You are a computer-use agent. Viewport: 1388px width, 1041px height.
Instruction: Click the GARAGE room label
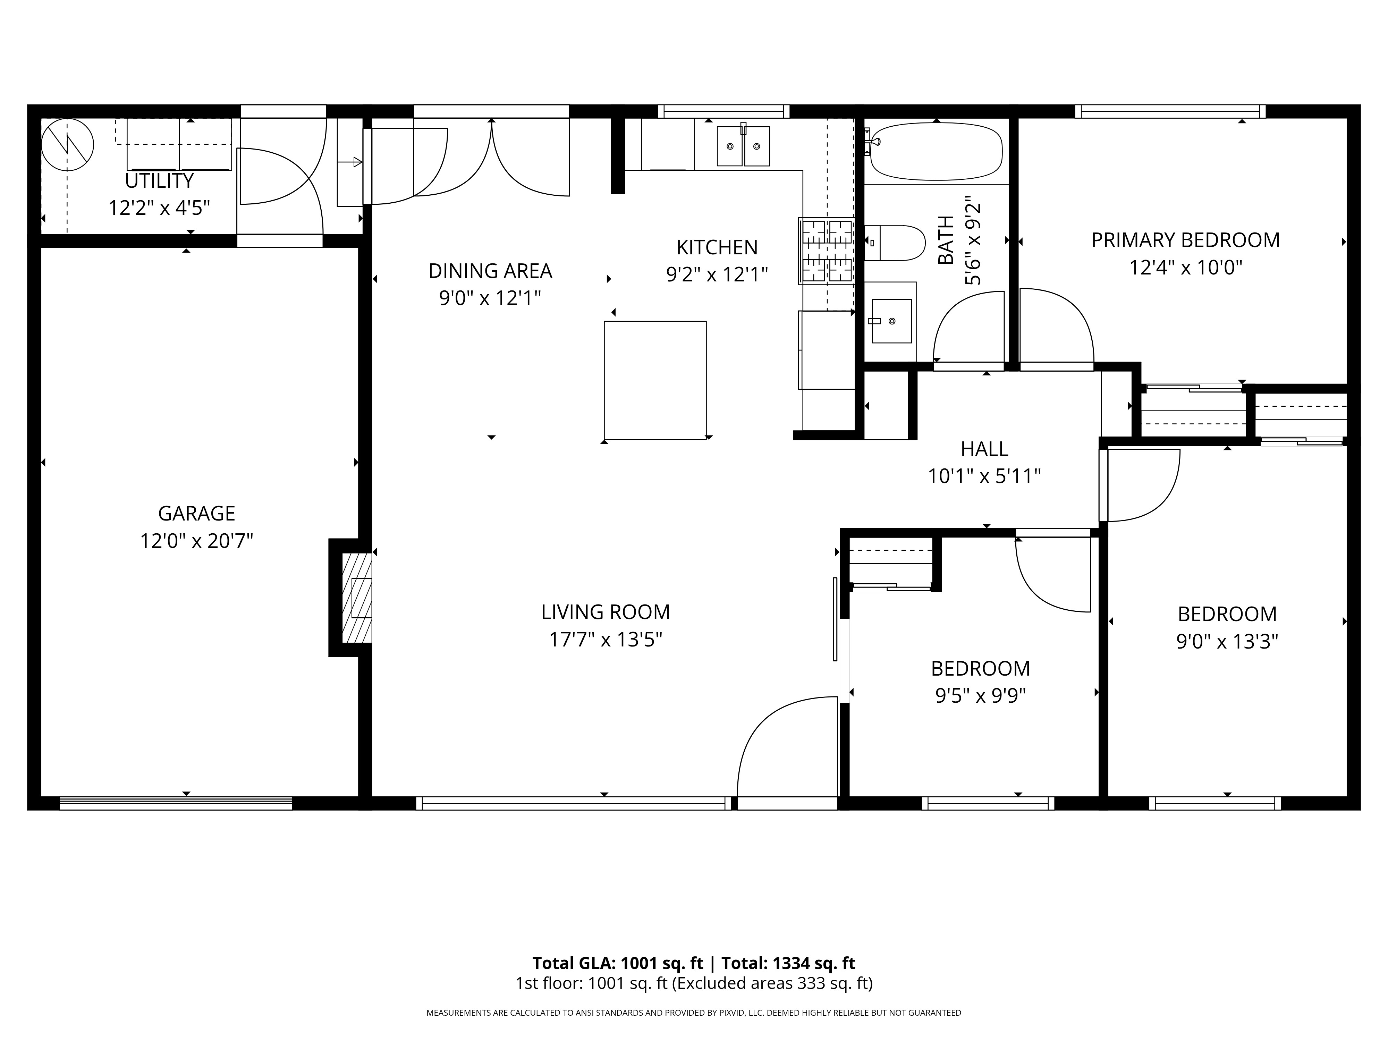(196, 513)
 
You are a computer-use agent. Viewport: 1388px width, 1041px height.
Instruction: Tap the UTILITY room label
(159, 181)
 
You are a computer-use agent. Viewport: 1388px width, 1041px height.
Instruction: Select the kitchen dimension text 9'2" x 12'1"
(717, 274)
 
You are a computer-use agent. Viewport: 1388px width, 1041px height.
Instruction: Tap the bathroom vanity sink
(892, 321)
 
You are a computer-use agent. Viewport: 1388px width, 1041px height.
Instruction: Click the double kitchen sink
(744, 146)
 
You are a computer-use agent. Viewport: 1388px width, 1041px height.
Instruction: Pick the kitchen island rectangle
(655, 380)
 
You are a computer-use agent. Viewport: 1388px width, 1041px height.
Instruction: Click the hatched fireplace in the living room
(356, 598)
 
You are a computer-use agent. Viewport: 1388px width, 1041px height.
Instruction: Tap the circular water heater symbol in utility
(68, 144)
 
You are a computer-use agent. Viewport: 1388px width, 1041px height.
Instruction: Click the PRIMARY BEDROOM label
(1185, 240)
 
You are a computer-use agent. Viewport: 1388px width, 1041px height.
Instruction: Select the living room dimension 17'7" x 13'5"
(606, 640)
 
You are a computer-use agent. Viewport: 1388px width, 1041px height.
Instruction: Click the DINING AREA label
(490, 271)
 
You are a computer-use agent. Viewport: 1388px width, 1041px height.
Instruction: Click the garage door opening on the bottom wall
(176, 803)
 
